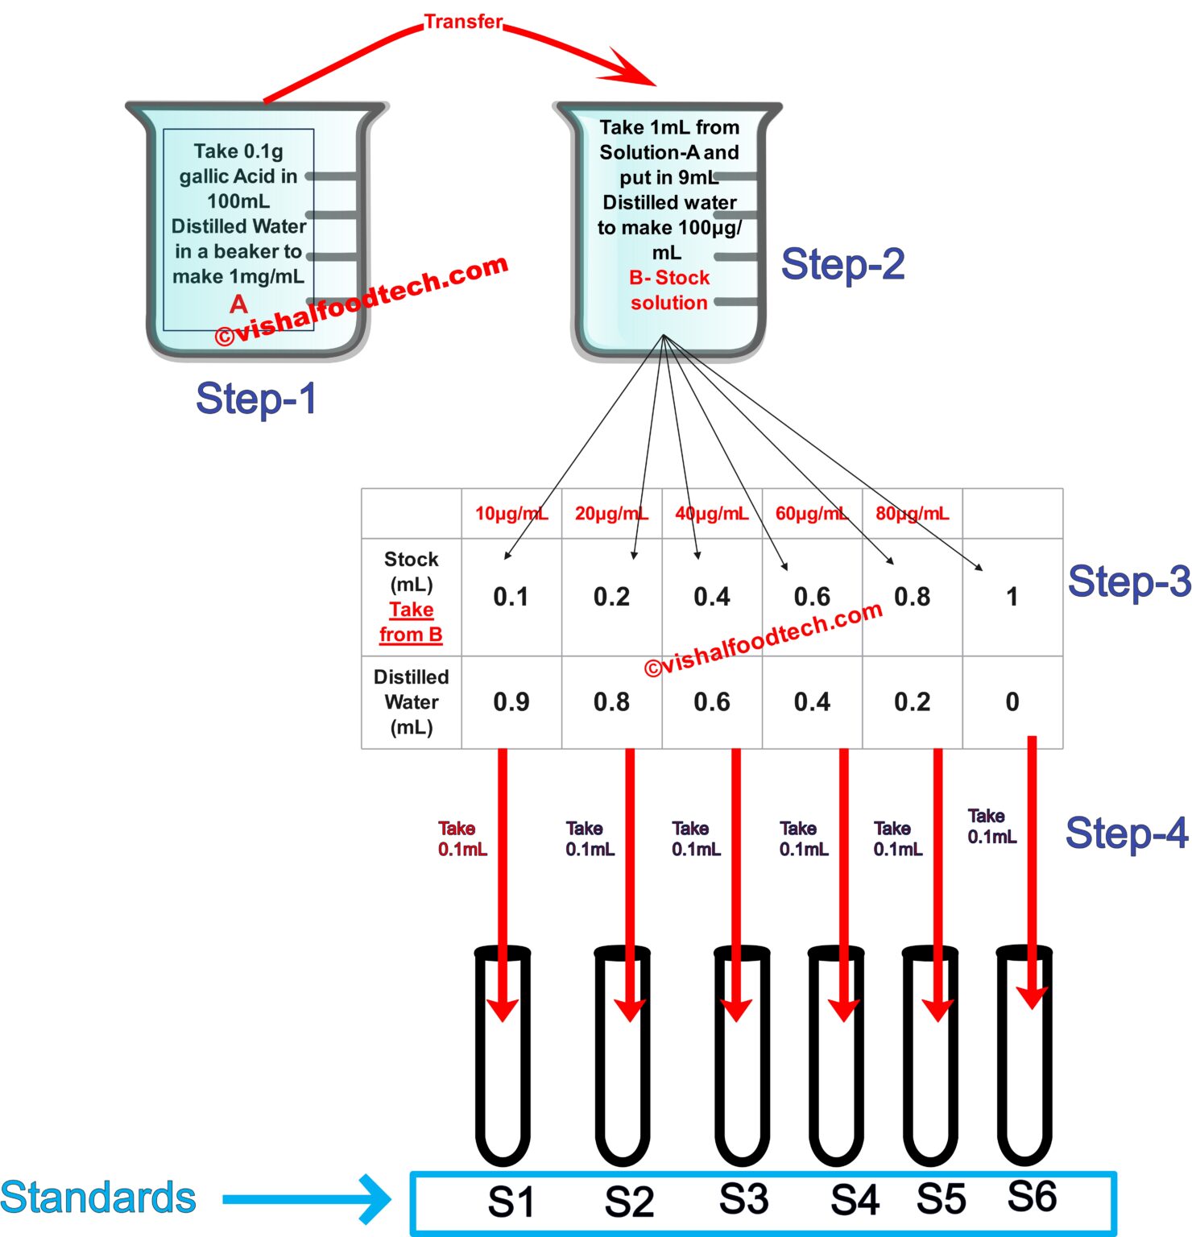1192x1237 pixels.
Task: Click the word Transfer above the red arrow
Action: [463, 22]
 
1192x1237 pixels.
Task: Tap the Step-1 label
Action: [256, 399]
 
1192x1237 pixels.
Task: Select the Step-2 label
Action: [842, 264]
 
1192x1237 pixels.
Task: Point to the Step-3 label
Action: [1128, 581]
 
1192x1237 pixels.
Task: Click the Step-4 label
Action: [1126, 833]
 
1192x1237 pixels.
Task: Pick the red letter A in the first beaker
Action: [238, 304]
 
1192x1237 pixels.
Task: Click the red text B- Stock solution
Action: [669, 290]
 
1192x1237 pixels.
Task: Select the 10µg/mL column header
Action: [511, 514]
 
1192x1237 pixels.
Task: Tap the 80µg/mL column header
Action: [912, 514]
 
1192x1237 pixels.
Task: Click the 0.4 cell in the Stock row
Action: [712, 597]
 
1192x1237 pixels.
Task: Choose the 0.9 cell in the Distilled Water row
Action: [511, 702]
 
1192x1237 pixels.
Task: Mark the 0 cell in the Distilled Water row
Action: [1012, 702]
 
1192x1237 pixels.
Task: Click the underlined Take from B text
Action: [412, 622]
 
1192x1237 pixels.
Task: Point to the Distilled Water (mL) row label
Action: [412, 702]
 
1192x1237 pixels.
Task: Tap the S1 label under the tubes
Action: [511, 1202]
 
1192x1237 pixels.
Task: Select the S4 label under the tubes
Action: [855, 1200]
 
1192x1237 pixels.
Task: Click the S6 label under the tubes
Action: [1032, 1196]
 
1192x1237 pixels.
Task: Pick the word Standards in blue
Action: [98, 1198]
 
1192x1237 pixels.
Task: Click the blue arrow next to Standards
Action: [306, 1199]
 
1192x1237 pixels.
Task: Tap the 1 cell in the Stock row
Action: [1012, 597]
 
